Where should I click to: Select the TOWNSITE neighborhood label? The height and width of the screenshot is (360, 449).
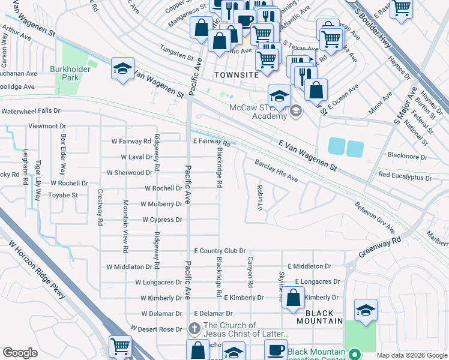[x=237, y=75]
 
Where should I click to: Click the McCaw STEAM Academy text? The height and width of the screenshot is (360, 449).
[x=258, y=112]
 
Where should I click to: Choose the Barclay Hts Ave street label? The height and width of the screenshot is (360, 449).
[x=276, y=171]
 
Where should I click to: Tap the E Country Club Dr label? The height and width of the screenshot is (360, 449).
[x=220, y=251]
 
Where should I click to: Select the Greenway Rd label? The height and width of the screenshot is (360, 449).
[x=380, y=247]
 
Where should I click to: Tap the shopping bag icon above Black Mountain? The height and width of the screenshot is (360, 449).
[x=293, y=299]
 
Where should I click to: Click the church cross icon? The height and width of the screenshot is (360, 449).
[x=194, y=328]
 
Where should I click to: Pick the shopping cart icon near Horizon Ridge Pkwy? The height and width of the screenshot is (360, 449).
[x=120, y=346]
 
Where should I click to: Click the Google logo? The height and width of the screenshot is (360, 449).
[x=20, y=353]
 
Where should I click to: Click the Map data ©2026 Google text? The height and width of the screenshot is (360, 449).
[x=411, y=355]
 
